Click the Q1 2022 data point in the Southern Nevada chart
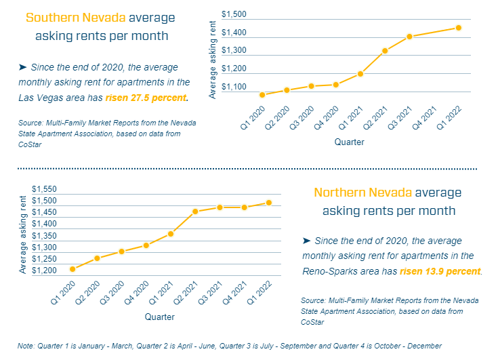pyautogui.click(x=458, y=28)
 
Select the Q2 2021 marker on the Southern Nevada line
pyautogui.click(x=385, y=51)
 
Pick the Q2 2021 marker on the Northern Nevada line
pyautogui.click(x=195, y=212)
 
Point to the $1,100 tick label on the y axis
pyautogui.click(x=234, y=87)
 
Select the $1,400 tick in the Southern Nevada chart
pyautogui.click(x=234, y=33)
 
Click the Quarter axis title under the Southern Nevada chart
pyautogui.click(x=349, y=142)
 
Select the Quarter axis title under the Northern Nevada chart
pyautogui.click(x=160, y=317)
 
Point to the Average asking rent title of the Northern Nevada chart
pyautogui.click(x=24, y=235)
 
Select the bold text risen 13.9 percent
pyautogui.click(x=440, y=271)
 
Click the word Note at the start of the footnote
pyautogui.click(x=28, y=346)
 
